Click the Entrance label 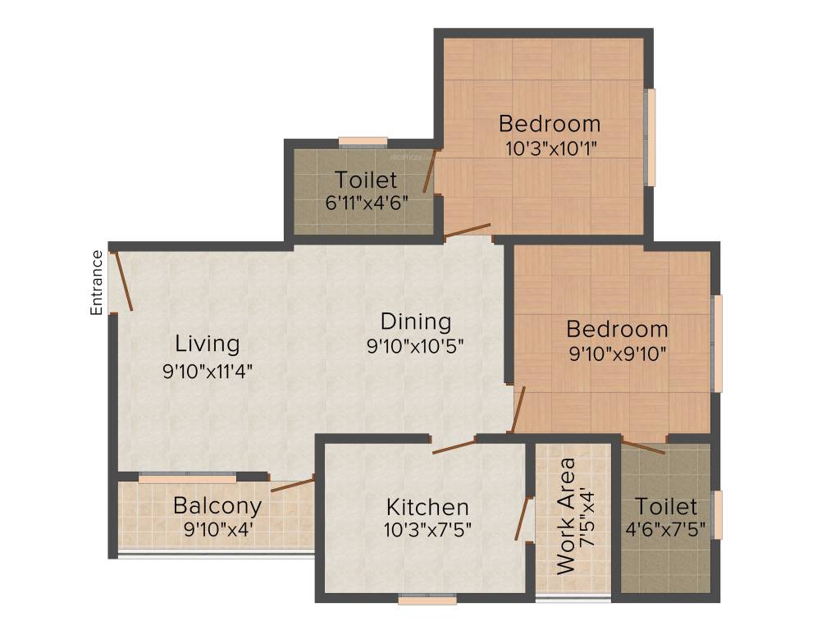(97, 282)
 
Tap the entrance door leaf (123, 281)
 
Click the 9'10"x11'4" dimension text (208, 371)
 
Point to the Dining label (416, 321)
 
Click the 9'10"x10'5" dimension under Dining (416, 346)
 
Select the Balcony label (217, 505)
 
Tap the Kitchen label (427, 506)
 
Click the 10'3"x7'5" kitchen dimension (427, 530)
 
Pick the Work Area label (565, 515)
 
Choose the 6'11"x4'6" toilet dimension (366, 203)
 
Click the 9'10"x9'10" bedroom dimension (617, 354)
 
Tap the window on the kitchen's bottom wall (427, 600)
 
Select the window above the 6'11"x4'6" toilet (363, 142)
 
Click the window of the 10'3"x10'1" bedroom (651, 137)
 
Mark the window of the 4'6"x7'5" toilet (718, 515)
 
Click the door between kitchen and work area (521, 518)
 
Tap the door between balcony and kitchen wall (292, 484)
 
